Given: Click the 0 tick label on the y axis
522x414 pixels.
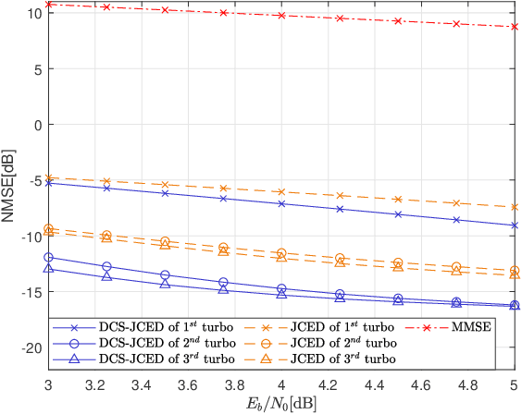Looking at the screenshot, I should coord(36,125).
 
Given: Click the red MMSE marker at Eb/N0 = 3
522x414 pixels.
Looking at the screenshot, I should coord(48,5).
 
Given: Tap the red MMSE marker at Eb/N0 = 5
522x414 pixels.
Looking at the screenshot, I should coord(515,27).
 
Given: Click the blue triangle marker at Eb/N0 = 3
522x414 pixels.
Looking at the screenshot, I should coord(48,269).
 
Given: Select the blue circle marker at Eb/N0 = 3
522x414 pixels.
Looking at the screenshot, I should coord(48,257).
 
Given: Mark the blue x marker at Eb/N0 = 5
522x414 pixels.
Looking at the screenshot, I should coord(515,225).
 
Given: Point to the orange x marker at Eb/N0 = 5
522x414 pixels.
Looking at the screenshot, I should coord(515,207).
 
